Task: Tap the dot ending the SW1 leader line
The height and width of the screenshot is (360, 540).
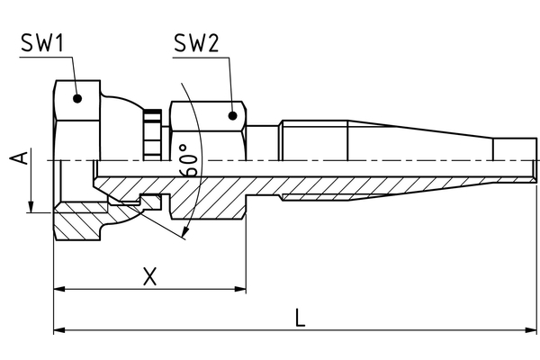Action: coord(78,99)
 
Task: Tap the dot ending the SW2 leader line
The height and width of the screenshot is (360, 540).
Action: coord(233,115)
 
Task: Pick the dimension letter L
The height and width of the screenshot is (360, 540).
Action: coord(301,317)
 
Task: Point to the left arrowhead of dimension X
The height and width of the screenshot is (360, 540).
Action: coord(59,290)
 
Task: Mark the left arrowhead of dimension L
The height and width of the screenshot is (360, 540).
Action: coord(59,330)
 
